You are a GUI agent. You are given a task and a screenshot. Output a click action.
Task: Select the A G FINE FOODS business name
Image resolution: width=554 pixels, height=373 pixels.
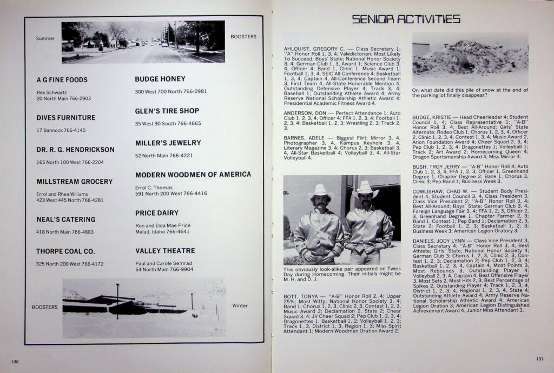coord(62,80)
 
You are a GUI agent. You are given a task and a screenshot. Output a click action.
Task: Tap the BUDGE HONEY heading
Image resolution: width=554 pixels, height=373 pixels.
coord(160,79)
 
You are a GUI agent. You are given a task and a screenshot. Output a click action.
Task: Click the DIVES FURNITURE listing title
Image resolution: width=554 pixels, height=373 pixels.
coord(66,118)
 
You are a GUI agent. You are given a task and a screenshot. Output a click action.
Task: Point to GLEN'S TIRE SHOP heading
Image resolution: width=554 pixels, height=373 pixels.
coord(167,111)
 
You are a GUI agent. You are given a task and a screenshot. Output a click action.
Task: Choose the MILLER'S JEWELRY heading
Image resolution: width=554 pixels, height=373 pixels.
coord(168,143)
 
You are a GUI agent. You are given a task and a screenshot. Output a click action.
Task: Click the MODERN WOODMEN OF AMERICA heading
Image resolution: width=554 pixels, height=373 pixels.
coord(193,175)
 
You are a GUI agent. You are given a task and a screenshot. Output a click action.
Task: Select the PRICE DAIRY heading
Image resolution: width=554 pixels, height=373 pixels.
coord(157,214)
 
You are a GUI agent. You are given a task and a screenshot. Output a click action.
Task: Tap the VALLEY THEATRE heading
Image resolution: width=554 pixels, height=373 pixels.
coord(165,251)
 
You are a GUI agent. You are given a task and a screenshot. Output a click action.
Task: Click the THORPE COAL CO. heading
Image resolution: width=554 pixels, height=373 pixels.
coord(65,251)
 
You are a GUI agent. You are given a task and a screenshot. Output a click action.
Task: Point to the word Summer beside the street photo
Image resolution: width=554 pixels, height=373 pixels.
coord(45,38)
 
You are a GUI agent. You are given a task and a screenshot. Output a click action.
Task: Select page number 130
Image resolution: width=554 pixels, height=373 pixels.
coord(15,361)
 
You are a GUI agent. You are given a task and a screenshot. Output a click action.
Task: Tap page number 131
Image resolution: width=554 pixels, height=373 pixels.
coord(539,358)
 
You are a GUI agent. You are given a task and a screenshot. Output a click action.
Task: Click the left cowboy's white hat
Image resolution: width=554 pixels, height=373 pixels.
coord(320,191)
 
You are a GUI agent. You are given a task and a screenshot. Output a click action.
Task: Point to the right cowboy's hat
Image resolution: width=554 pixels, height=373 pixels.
coord(365,188)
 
